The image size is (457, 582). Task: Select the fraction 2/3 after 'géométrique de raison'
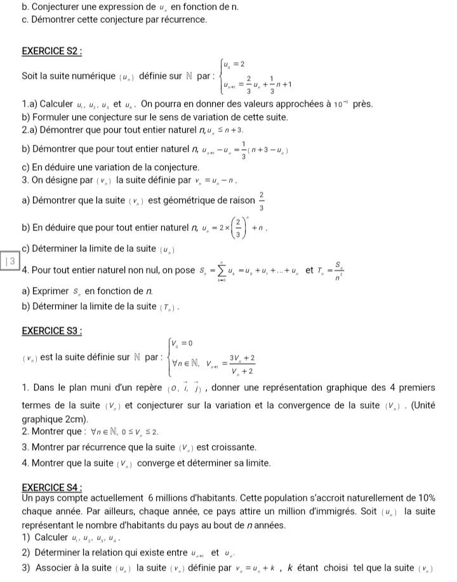click(262, 201)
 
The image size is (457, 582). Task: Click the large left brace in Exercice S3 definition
click(166, 357)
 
